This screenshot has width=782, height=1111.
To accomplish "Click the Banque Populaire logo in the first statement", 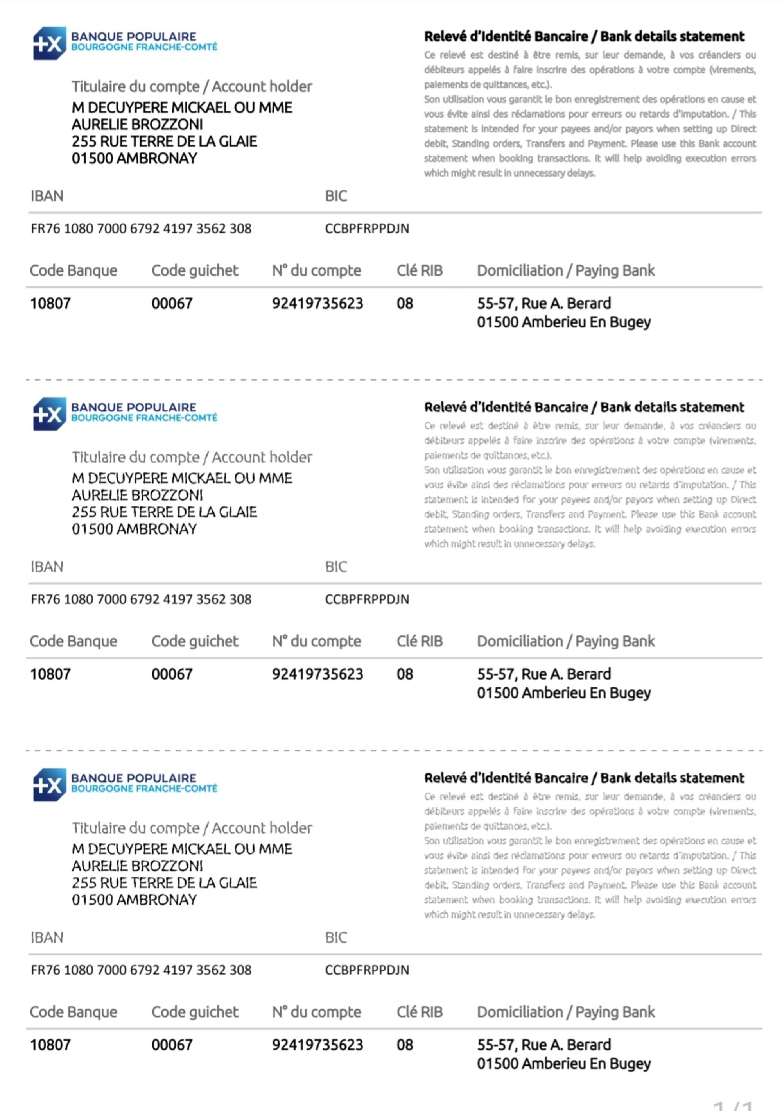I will pos(124,43).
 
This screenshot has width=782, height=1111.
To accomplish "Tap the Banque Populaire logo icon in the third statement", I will pos(49,784).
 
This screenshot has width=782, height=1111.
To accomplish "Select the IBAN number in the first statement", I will pos(141,228).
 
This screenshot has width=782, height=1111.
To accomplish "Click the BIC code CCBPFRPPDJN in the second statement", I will pos(366,599).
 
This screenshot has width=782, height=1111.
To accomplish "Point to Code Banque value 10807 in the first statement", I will pos(50,303).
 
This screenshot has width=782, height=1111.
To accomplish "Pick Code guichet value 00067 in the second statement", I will pos(172,674).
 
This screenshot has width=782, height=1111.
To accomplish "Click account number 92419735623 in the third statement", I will pos(317,1045).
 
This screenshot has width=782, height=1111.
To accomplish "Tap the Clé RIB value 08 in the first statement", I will pos(405,303).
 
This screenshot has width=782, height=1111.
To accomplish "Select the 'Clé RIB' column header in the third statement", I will pos(419,1012).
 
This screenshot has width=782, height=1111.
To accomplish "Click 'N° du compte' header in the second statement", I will pos(316,641).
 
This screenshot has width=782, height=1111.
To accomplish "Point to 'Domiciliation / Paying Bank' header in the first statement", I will pos(565,270).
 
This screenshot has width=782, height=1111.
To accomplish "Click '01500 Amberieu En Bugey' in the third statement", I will pos(563,1064).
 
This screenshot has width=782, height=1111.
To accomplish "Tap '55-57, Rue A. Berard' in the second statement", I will pos(544,674).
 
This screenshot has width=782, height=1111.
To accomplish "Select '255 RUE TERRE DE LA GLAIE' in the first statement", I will pos(164,141).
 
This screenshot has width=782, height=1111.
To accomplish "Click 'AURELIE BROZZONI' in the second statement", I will pos(137,495).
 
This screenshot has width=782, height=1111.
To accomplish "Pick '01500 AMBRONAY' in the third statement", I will pos(134,900).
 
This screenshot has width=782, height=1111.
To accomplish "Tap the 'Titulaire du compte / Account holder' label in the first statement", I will pos(192,87).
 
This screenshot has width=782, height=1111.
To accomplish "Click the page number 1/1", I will pos(734,1105).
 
